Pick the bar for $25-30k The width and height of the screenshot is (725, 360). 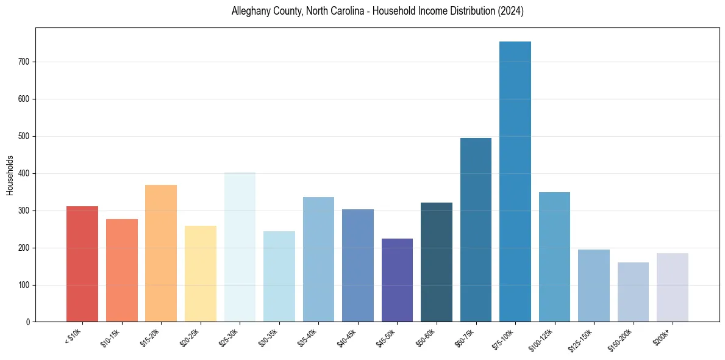click(x=240, y=247)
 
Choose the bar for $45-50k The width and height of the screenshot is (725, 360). click(x=397, y=280)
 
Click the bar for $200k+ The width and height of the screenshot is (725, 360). click(x=673, y=287)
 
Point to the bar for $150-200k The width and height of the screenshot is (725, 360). click(x=633, y=292)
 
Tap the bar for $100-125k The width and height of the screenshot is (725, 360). click(x=554, y=257)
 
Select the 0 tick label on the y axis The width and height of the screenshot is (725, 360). click(x=29, y=322)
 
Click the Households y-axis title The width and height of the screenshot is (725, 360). click(x=10, y=175)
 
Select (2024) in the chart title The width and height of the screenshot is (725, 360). click(x=510, y=11)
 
